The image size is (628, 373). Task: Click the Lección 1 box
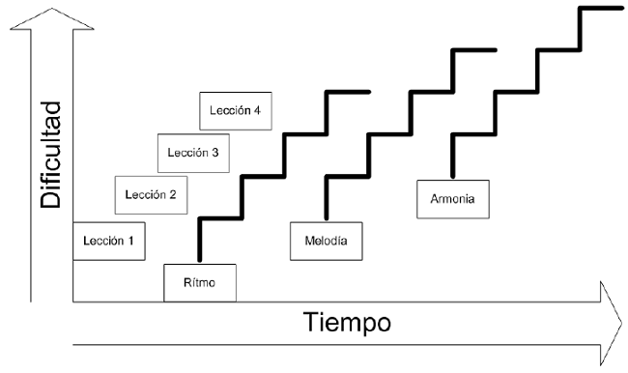pos(109,242)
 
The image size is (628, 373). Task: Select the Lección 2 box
pos(151,196)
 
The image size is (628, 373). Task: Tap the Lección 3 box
pos(193,153)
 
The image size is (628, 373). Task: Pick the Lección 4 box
pos(235,110)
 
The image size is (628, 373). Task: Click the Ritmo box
pos(200,282)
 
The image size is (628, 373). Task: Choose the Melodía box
pos(326,241)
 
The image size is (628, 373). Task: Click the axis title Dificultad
pos(51,155)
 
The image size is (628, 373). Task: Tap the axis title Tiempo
pos(348,322)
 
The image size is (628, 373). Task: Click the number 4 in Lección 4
pos(257,110)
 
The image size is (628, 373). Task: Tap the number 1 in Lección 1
pos(131,242)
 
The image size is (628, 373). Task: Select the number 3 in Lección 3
pos(214,153)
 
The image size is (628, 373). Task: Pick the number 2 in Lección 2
pos(173,196)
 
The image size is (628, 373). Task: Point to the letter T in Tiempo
pos(311,322)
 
